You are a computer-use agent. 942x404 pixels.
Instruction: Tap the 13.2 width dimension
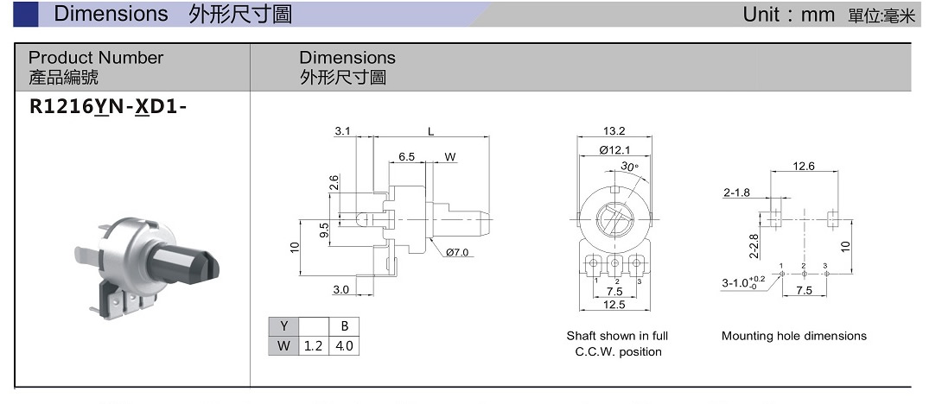coord(614,131)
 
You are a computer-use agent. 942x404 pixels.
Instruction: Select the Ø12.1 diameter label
coord(614,150)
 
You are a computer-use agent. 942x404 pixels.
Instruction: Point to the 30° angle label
coord(629,167)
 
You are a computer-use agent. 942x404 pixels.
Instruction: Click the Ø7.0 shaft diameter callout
coord(457,252)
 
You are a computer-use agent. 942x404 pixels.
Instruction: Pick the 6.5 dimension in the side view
coord(407,157)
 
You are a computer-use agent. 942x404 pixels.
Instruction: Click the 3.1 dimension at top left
coord(342,131)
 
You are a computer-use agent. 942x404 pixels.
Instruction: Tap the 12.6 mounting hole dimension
coord(804,166)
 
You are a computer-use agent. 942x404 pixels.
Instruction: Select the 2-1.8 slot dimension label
coord(736,193)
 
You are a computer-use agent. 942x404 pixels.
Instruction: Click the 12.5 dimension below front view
coord(614,305)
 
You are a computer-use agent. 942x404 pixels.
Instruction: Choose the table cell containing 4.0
coord(344,346)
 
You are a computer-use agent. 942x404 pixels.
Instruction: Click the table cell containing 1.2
coord(312,346)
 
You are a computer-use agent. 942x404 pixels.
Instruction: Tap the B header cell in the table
coord(344,326)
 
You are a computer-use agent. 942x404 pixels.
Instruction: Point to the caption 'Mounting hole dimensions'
coord(793,336)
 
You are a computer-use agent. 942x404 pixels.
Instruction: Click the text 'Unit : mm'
coord(788,15)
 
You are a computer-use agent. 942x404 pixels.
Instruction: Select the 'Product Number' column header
coord(96,58)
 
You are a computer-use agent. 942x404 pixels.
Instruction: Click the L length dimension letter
coord(430,131)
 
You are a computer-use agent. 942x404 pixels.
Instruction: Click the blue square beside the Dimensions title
coord(27,14)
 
